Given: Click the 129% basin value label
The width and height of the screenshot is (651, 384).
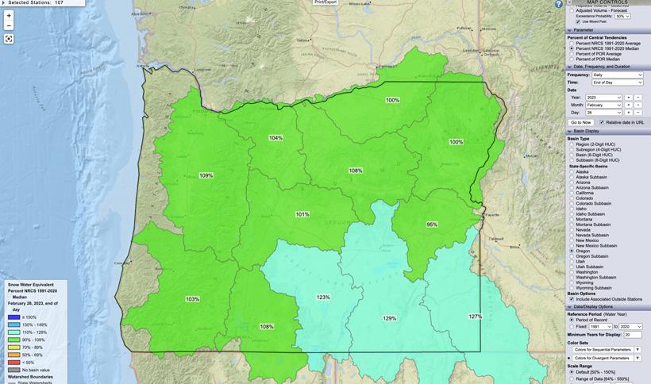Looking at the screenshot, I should (x=389, y=318).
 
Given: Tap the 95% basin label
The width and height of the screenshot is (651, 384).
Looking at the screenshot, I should (x=432, y=225).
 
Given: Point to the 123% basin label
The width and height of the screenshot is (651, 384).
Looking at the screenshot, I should (x=323, y=298).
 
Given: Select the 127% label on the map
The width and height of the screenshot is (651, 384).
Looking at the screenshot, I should (x=475, y=317).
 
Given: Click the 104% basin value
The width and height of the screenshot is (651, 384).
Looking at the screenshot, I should (x=275, y=138).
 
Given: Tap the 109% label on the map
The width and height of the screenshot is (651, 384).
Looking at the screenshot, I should (x=206, y=175).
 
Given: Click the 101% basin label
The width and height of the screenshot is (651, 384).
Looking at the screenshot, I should (x=302, y=214).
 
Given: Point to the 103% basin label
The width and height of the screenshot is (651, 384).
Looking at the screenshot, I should (x=192, y=299).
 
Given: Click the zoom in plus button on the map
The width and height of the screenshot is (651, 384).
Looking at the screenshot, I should (x=9, y=15).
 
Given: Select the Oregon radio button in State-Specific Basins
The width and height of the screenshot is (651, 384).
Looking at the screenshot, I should (x=572, y=251).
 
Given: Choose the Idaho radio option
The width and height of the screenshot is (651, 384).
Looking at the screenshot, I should (x=572, y=209).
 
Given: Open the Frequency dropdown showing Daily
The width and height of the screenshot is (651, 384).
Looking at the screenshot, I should (x=617, y=75).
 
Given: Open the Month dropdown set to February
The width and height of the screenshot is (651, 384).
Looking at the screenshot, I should (x=603, y=105).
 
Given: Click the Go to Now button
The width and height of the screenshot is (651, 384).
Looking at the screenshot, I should (x=580, y=122).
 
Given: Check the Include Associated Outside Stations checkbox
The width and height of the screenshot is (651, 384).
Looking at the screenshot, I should (x=572, y=299).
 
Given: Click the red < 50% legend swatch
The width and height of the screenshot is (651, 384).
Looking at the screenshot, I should (x=14, y=362).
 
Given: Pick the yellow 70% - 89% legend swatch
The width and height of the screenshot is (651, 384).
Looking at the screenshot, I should (x=14, y=347).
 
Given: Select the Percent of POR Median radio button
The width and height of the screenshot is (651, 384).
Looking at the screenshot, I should (x=572, y=59).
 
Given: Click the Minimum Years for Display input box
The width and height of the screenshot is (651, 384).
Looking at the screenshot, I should (x=633, y=335).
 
